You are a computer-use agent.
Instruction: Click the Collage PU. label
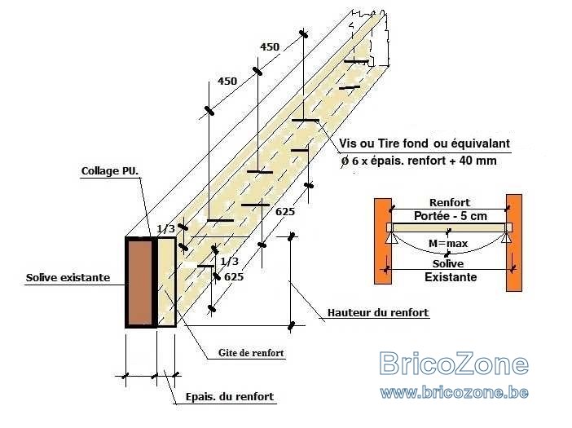click(x=110, y=170)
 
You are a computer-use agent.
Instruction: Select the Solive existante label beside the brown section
click(x=68, y=278)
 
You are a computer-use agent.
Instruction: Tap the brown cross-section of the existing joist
click(x=139, y=282)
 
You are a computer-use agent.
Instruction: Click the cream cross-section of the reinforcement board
click(x=167, y=282)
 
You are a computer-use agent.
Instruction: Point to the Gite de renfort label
click(x=251, y=353)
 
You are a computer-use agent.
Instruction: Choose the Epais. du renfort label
click(x=230, y=397)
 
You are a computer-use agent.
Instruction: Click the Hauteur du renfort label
click(x=378, y=313)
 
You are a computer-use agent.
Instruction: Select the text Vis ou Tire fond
click(x=384, y=143)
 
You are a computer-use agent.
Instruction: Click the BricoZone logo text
click(x=454, y=363)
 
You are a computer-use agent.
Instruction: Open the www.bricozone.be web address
click(x=454, y=392)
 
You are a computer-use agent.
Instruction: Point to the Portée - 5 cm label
click(x=451, y=216)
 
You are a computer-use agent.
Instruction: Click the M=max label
click(x=448, y=243)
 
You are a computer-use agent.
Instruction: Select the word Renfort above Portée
click(x=450, y=202)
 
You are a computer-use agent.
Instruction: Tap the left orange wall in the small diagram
click(x=383, y=240)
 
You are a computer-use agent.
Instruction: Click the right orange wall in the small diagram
click(x=514, y=243)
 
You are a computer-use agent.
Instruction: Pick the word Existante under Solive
click(x=451, y=277)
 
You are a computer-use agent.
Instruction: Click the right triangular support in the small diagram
click(x=506, y=238)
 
